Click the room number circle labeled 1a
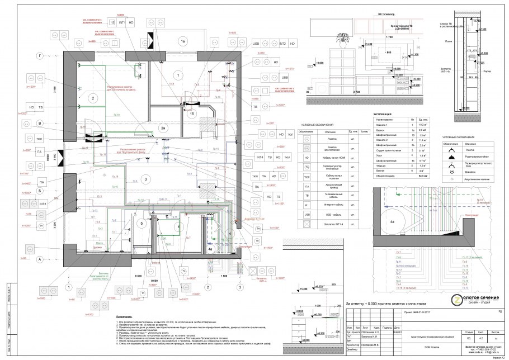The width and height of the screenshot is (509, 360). tap(182, 41)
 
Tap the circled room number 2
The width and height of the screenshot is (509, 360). tap(89, 98)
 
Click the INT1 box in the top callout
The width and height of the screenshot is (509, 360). tap(122, 22)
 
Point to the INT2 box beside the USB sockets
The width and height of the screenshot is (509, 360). tap(283, 43)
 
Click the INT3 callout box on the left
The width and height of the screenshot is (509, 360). tap(43, 205)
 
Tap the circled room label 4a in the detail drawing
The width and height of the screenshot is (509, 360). tap(393, 222)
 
